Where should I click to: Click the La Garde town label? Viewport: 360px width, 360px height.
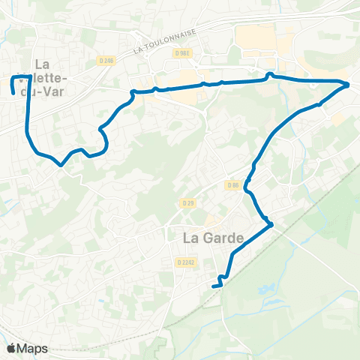(214, 238)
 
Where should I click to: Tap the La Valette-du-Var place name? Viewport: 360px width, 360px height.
(51, 78)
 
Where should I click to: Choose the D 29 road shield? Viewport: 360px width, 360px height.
(187, 203)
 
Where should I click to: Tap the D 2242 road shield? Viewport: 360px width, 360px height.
(184, 262)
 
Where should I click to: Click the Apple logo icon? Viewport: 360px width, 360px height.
(10, 348)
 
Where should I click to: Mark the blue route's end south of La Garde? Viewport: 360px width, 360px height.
(214, 286)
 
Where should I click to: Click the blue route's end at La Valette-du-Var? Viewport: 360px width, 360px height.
(13, 93)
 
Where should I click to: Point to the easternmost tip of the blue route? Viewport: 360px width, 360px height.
(349, 85)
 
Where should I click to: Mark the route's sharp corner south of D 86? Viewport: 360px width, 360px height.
(270, 223)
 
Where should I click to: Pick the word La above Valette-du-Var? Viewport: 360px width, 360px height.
(43, 64)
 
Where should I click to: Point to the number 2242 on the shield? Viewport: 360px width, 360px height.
(187, 262)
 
